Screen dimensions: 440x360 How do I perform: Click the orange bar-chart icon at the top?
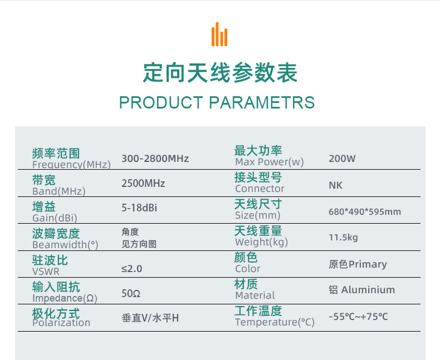click(x=219, y=34)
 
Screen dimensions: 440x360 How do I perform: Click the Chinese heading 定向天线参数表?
click(x=221, y=73)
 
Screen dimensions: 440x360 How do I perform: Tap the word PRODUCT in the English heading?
click(x=161, y=102)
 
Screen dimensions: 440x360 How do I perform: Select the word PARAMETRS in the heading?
click(x=262, y=102)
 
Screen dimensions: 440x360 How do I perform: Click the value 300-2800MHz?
click(x=155, y=159)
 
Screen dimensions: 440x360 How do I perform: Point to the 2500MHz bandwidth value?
click(x=143, y=184)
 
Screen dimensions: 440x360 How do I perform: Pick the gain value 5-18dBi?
click(x=139, y=208)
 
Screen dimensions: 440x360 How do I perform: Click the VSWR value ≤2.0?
click(x=131, y=269)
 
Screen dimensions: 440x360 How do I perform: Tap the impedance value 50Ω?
click(x=131, y=294)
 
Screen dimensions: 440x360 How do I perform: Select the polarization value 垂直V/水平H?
click(x=150, y=318)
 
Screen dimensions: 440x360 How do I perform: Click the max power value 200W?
click(x=342, y=159)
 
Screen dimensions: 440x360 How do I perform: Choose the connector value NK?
click(x=336, y=185)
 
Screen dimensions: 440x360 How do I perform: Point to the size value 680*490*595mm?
click(x=365, y=211)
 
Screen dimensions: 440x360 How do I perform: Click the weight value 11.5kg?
click(x=343, y=238)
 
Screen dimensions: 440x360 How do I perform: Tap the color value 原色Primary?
click(x=358, y=264)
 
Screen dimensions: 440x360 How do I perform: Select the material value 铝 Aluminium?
click(x=361, y=290)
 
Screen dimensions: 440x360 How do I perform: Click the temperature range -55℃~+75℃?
click(x=358, y=317)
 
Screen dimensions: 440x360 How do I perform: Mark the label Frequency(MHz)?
click(x=71, y=165)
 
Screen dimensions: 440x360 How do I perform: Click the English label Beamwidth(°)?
click(x=65, y=245)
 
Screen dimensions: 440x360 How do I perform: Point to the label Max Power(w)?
click(x=270, y=162)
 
